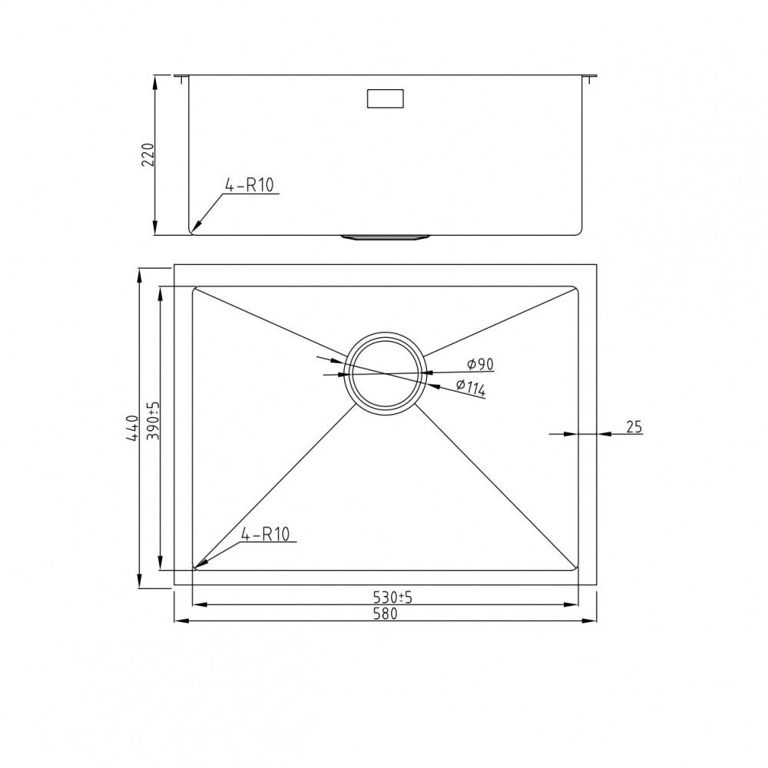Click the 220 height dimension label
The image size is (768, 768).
click(x=148, y=155)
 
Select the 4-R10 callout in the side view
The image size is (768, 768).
click(x=250, y=185)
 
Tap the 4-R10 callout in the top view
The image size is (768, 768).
click(x=266, y=534)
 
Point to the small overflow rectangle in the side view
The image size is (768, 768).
click(x=386, y=98)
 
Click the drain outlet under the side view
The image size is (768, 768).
click(x=386, y=237)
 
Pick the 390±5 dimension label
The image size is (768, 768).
click(x=154, y=420)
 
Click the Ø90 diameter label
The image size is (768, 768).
click(x=480, y=364)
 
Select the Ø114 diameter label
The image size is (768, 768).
click(x=471, y=387)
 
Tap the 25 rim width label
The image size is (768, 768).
click(x=634, y=426)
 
